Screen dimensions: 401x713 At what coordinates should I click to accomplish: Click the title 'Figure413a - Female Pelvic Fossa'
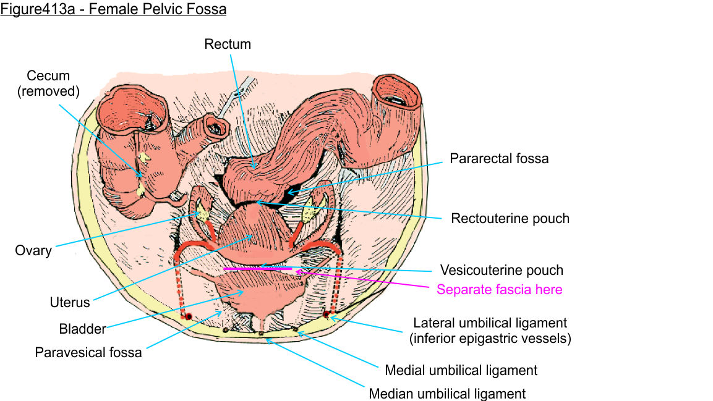[x=113, y=10]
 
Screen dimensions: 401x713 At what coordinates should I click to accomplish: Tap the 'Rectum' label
[x=228, y=44]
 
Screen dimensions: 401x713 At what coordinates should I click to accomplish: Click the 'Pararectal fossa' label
[x=499, y=159]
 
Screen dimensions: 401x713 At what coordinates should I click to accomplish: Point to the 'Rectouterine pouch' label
[x=510, y=218]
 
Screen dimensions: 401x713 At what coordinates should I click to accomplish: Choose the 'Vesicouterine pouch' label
[x=502, y=270]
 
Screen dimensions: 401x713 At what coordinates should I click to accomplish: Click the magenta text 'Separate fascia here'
[x=500, y=289]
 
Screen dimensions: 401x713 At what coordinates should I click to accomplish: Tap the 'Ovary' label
[x=33, y=251]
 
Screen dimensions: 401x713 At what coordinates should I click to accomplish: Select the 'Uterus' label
[x=70, y=303]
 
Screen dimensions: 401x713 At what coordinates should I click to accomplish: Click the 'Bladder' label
[x=83, y=328]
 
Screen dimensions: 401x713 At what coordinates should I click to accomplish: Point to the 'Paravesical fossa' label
[x=88, y=353]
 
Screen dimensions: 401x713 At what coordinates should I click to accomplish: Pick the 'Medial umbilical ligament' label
[x=461, y=371]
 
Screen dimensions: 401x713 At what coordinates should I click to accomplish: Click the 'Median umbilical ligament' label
[x=447, y=394]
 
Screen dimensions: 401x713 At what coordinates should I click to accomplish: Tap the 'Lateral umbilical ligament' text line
[x=490, y=323]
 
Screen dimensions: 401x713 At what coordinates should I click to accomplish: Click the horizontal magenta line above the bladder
[x=257, y=269]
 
